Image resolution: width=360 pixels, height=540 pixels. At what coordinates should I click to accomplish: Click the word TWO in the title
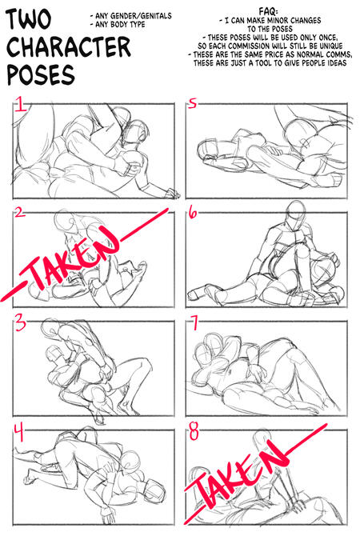(29, 19)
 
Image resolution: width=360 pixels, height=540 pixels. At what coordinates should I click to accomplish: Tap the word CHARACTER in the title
(69, 47)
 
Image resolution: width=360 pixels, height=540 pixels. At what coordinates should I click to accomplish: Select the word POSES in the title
(41, 74)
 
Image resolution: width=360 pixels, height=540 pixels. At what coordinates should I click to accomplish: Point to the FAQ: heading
(268, 12)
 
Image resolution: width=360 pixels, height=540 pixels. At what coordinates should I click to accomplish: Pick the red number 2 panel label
(19, 212)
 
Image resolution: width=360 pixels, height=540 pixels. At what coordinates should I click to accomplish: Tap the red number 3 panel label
(20, 323)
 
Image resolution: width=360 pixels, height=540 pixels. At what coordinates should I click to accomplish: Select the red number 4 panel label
(20, 433)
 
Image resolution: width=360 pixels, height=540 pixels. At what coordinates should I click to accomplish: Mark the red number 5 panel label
(193, 103)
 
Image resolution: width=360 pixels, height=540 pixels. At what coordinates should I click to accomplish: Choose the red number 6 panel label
(194, 213)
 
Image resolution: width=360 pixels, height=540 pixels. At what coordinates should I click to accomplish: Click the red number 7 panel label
(194, 322)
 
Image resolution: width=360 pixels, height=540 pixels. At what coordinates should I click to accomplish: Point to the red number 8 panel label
(194, 431)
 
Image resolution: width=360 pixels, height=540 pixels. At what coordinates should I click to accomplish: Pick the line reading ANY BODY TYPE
(118, 25)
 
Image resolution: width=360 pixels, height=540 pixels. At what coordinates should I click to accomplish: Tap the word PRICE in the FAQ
(274, 54)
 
